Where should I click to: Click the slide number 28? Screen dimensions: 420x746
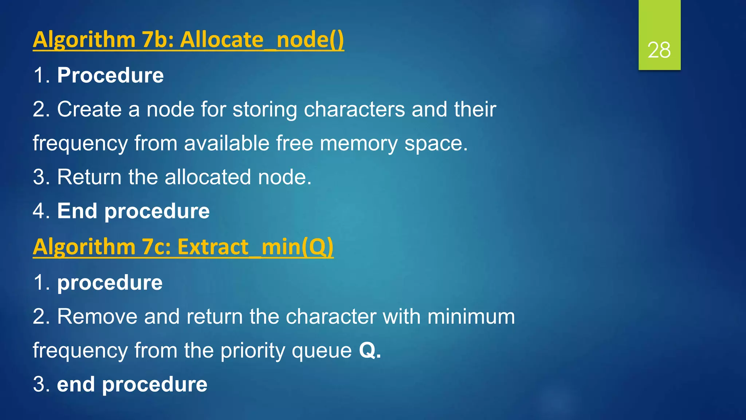[x=659, y=50]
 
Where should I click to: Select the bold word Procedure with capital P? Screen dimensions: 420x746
[x=110, y=75]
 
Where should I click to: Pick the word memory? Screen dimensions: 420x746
[x=359, y=143]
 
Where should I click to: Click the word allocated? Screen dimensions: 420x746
[x=208, y=177]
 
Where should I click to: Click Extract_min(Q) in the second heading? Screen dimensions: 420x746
[x=255, y=247]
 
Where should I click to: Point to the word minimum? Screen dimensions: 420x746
[x=471, y=316]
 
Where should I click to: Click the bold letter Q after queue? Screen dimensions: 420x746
[x=367, y=350]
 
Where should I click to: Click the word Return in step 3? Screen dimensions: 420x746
[x=89, y=177]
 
